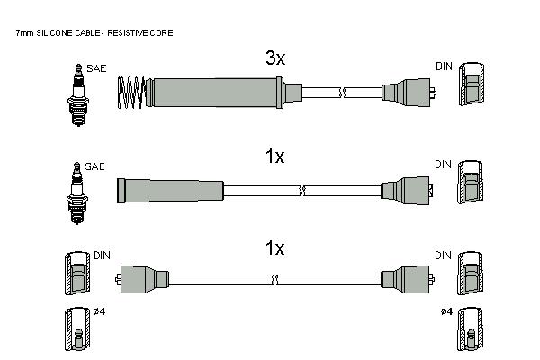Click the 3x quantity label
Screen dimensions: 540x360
click(x=275, y=58)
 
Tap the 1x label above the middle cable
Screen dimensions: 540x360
click(x=274, y=157)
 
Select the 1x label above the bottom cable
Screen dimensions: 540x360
click(x=274, y=248)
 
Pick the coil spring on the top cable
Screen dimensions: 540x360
click(x=130, y=93)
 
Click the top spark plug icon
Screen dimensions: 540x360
click(x=78, y=95)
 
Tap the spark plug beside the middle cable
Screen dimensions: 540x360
click(x=77, y=193)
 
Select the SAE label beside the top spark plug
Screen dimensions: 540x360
click(x=96, y=68)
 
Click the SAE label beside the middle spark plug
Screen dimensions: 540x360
click(x=94, y=166)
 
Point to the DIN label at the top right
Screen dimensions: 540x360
click(x=444, y=67)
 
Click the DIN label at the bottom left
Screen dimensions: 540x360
click(x=102, y=256)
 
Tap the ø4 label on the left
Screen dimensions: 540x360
click(x=100, y=311)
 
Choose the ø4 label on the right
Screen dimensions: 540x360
click(x=446, y=311)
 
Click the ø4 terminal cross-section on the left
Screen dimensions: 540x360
click(x=77, y=329)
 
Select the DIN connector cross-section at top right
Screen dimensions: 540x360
click(x=472, y=84)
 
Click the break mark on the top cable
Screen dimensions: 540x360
click(x=342, y=93)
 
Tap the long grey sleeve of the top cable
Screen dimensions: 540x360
click(x=215, y=93)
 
